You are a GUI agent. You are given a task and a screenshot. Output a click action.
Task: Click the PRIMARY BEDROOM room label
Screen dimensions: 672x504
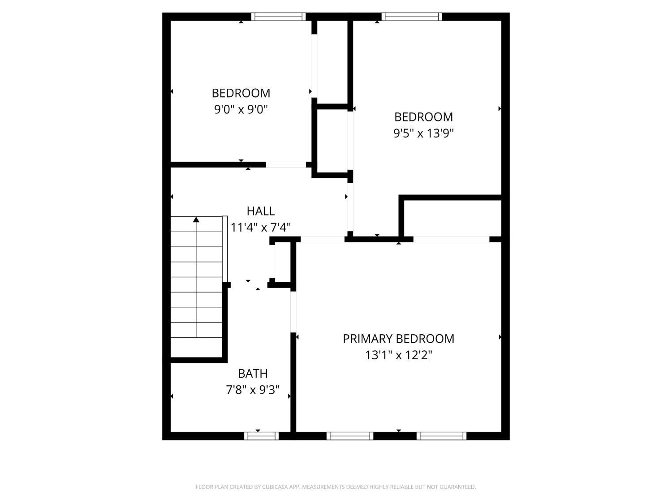(x=398, y=339)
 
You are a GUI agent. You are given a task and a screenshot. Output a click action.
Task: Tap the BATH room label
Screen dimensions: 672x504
(x=253, y=373)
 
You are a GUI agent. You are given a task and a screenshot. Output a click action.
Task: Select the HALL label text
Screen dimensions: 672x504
(x=261, y=211)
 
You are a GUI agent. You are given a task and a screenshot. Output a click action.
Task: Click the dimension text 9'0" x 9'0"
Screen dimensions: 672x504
(x=241, y=109)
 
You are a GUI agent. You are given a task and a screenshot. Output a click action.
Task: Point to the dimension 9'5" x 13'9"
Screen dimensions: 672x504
(x=423, y=133)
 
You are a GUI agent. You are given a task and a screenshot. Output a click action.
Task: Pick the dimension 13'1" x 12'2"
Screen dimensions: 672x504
(x=399, y=355)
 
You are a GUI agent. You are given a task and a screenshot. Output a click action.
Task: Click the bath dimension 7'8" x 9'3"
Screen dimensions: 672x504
(x=253, y=390)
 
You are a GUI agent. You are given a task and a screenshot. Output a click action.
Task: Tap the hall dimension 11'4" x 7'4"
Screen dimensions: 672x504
(x=261, y=228)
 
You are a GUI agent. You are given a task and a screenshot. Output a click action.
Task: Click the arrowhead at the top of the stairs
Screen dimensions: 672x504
(x=196, y=220)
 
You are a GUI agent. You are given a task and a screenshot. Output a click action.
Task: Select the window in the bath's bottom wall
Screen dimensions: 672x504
(x=262, y=436)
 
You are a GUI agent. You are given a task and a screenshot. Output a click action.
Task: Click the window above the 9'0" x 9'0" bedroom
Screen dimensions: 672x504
(x=279, y=17)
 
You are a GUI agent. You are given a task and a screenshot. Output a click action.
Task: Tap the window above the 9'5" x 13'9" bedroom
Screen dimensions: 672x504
(x=412, y=17)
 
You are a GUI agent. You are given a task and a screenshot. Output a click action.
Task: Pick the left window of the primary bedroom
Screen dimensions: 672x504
(x=350, y=436)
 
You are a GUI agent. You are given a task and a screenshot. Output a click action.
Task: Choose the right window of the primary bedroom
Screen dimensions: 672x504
(x=441, y=436)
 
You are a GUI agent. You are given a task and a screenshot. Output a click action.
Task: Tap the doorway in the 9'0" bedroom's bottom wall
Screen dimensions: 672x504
(x=286, y=164)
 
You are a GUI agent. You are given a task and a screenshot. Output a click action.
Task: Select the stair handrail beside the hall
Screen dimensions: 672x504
(x=225, y=249)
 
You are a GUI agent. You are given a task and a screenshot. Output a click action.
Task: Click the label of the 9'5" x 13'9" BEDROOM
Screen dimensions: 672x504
(x=423, y=117)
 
